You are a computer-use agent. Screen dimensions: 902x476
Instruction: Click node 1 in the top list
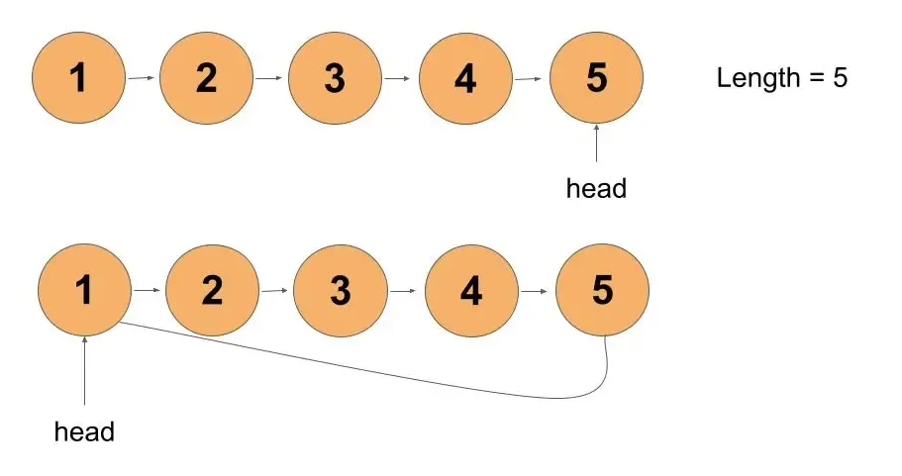point(78,77)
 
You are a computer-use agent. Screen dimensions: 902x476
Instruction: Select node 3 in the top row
point(335,77)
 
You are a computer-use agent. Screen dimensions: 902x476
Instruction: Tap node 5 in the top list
point(596,77)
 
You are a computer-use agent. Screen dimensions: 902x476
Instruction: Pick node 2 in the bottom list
point(212,290)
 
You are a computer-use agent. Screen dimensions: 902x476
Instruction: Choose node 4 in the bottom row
point(471,290)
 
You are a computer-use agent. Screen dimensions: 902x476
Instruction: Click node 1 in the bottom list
point(84,290)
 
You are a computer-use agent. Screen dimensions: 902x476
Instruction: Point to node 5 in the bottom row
point(602,290)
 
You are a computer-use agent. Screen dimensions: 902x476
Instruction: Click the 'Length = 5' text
point(782,77)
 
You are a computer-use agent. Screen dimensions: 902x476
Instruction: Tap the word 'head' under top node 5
point(596,188)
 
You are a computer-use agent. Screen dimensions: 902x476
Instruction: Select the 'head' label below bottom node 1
point(84,431)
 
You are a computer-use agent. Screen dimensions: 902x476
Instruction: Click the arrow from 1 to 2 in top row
point(142,77)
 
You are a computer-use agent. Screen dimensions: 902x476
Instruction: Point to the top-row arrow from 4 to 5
point(528,79)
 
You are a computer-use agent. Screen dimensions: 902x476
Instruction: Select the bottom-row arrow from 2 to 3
point(274,290)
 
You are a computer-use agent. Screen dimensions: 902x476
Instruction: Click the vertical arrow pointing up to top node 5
point(596,143)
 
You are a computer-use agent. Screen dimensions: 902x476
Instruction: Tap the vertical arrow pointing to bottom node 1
point(84,371)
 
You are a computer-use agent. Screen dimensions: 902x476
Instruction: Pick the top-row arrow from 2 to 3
point(268,77)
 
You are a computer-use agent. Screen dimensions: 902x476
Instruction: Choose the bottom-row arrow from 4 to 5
point(535,291)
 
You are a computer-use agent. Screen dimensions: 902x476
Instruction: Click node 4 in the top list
point(465,77)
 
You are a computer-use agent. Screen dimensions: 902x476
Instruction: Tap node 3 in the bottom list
point(341,290)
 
